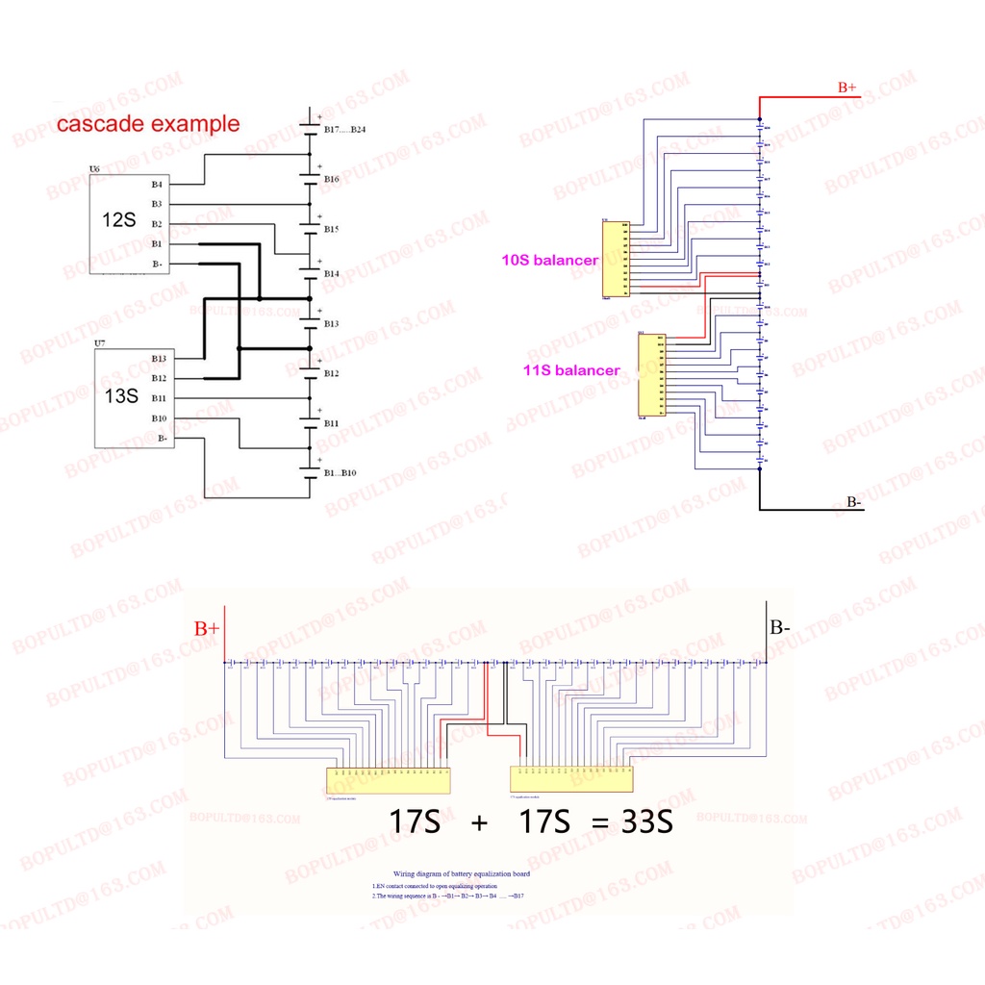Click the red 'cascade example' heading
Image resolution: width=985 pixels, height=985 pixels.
(148, 123)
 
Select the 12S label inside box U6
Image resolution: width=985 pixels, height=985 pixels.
(119, 219)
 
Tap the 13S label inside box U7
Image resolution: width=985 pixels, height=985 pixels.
(120, 394)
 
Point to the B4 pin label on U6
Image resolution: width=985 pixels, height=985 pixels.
(157, 184)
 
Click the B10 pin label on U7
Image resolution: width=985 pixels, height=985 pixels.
(159, 418)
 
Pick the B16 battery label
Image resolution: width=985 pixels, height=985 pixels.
(332, 179)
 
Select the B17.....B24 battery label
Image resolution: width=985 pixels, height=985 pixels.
(344, 129)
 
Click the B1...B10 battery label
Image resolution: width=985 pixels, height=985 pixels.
(340, 473)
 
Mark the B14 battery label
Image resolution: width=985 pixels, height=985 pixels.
(332, 274)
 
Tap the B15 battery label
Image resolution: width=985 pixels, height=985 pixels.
(332, 229)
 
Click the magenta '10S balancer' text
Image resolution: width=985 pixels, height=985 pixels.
(548, 260)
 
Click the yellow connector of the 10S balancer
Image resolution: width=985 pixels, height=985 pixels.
(616, 258)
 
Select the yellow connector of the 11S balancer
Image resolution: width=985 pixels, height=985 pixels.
(651, 374)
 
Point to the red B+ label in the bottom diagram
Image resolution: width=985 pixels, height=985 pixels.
(207, 629)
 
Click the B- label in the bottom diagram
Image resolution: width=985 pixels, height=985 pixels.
(779, 628)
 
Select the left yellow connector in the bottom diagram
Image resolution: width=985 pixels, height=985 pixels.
(390, 780)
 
